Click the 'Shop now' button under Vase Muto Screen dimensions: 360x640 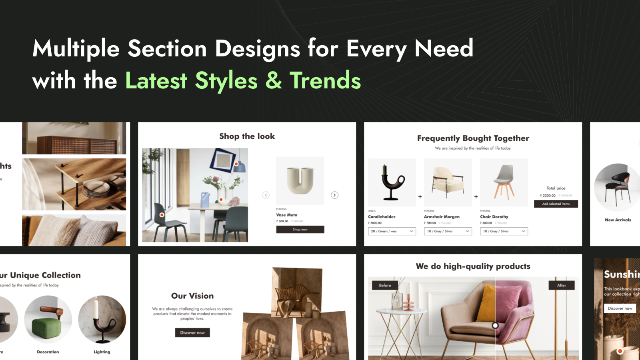tap(300, 230)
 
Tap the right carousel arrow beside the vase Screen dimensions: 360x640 tap(335, 195)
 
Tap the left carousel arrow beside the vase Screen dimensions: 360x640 tap(266, 195)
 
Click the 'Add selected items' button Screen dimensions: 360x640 tap(556, 204)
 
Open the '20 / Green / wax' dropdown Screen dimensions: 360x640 tap(392, 231)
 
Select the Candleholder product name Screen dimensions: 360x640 tap(382, 217)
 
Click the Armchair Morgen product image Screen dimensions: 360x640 tap(448, 182)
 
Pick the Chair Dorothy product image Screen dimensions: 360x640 tap(504, 182)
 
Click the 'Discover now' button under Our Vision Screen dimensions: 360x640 tap(192, 333)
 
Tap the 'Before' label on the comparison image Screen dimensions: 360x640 tap(385, 285)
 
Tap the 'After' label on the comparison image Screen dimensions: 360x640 tap(562, 285)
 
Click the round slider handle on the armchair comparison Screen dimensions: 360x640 tap(495, 326)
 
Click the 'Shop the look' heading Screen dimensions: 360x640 tap(247, 136)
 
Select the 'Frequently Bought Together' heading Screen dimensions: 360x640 tap(473, 138)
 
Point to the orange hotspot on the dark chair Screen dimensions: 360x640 tap(162, 215)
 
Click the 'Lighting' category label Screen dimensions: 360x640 tap(102, 352)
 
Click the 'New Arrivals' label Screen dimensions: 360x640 tap(618, 220)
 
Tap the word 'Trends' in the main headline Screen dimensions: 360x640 tap(325, 81)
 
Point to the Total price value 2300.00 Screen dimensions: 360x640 tap(549, 196)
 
